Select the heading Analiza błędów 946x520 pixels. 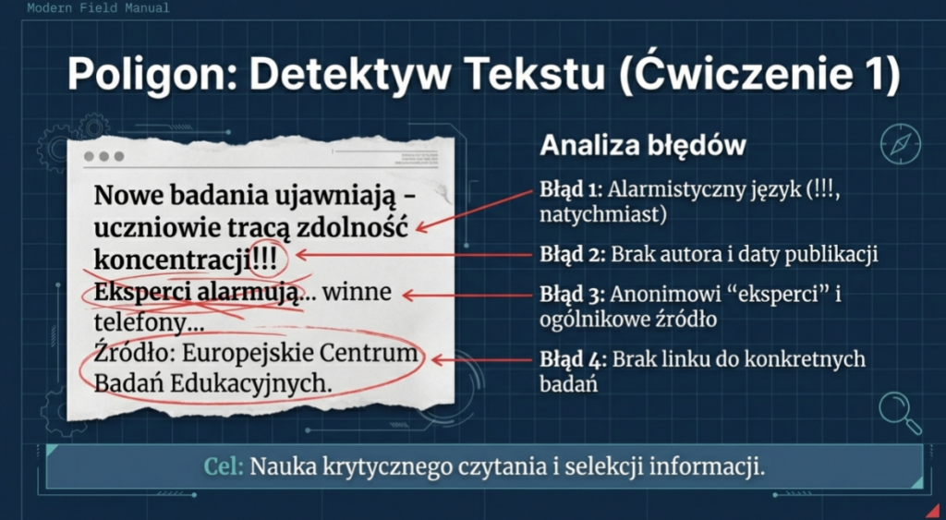click(x=643, y=146)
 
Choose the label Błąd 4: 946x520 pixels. click(x=571, y=360)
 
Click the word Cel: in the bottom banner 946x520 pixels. click(x=224, y=466)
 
